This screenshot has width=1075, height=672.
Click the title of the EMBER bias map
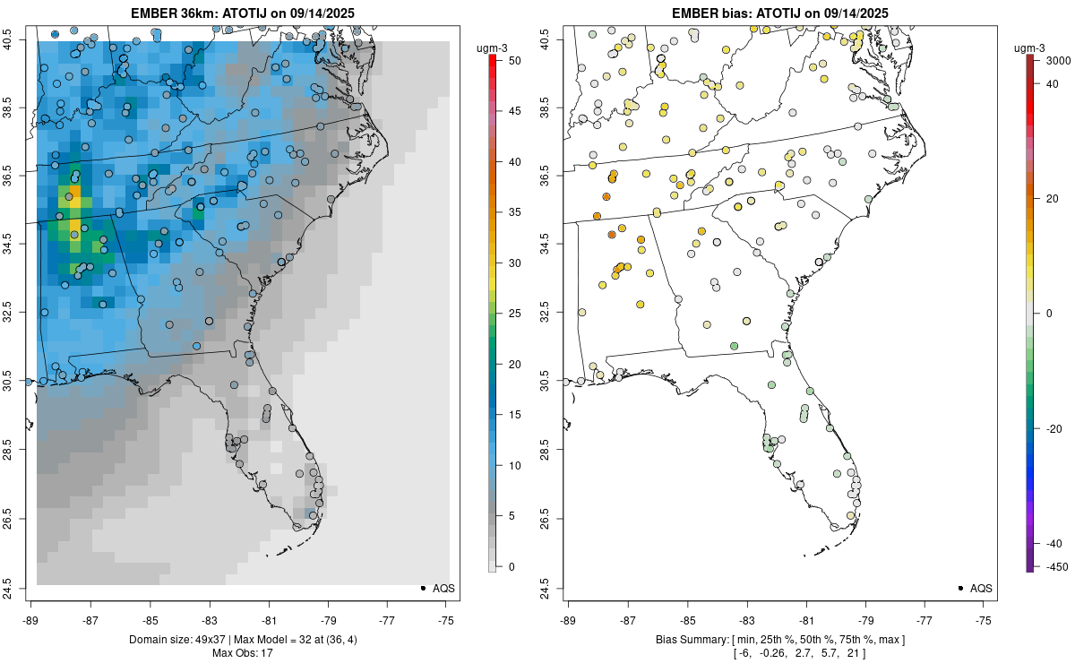780,13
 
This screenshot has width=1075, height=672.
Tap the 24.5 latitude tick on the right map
556,588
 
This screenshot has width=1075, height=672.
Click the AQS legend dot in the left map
423,588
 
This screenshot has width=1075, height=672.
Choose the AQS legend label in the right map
982,588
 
